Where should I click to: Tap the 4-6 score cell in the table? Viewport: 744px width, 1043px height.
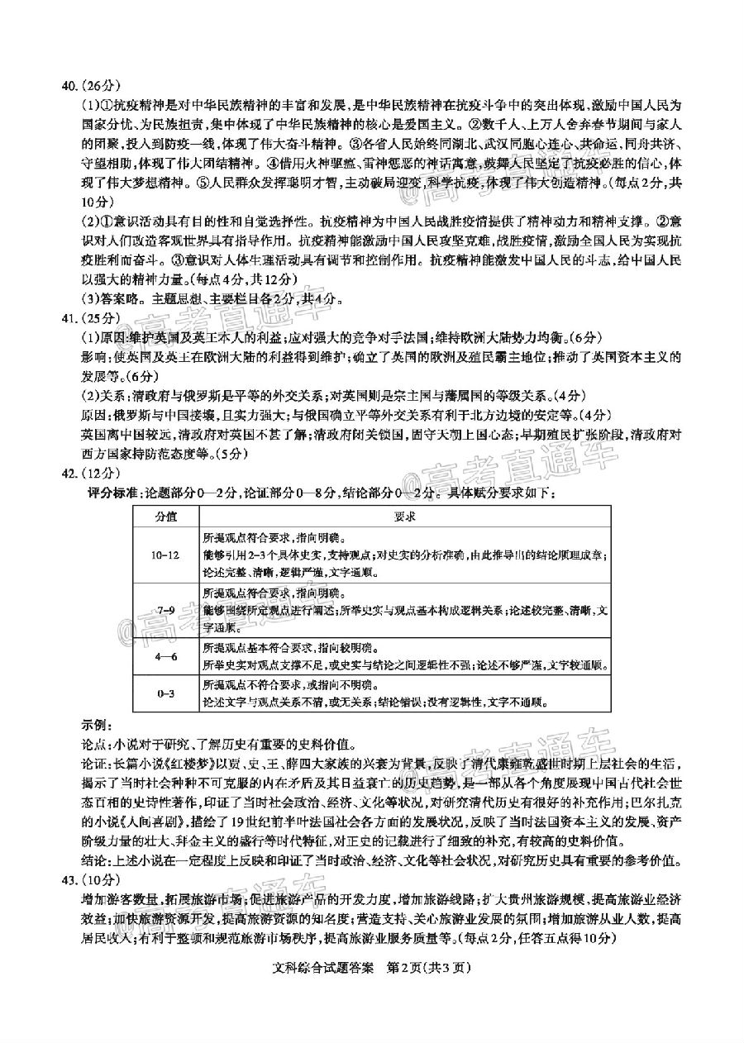click(x=166, y=656)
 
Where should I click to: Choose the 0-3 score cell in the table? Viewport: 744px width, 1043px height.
click(x=166, y=694)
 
